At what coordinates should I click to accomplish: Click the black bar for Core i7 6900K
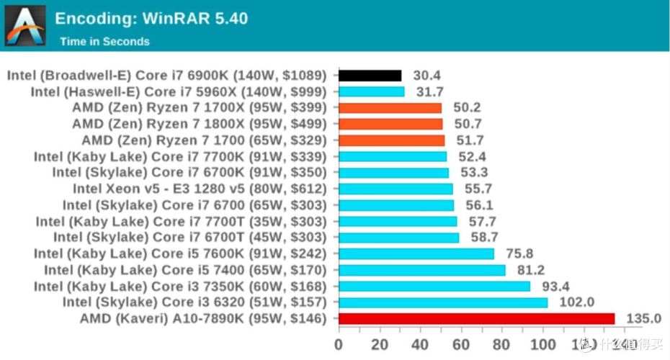[x=370, y=76]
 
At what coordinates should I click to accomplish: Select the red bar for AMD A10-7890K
[x=476, y=318]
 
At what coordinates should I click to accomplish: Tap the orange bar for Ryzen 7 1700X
[x=390, y=108]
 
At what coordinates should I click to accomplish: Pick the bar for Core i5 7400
[x=421, y=270]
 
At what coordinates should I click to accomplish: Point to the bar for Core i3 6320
[x=443, y=302]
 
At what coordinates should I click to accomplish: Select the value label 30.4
[x=427, y=76]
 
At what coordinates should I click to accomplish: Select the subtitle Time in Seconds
[x=104, y=42]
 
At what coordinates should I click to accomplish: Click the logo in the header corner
[x=26, y=25]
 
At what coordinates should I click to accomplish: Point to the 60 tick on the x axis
[x=461, y=343]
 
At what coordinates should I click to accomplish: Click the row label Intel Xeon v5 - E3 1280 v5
[x=200, y=189]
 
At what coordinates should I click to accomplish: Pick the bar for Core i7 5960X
[x=371, y=91]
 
